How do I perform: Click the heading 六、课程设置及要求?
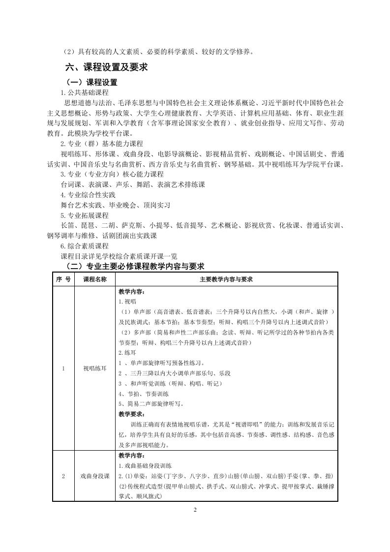pos(107,67)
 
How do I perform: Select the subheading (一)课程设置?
pos(92,82)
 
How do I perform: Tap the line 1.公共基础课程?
pos(84,92)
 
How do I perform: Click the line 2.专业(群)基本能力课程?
pos(101,144)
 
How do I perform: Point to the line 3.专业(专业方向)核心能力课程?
pos(112,174)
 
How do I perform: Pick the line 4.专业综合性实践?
pos(88,195)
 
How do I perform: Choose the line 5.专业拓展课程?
pos(84,215)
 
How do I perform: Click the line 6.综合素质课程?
pos(84,246)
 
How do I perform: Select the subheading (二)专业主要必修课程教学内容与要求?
pos(135,267)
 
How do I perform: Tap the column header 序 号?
pos(62,279)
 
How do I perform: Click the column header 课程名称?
pos(94,279)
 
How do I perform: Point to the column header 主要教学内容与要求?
pos(226,279)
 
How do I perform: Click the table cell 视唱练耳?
pos(94,368)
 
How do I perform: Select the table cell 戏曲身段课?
pos(94,476)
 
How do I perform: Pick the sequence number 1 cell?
pos(63,368)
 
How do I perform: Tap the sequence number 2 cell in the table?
pos(63,476)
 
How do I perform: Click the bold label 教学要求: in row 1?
pos(131,414)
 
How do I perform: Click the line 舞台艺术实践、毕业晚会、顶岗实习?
pos(115,205)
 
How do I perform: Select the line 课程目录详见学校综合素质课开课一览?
pos(119,256)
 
